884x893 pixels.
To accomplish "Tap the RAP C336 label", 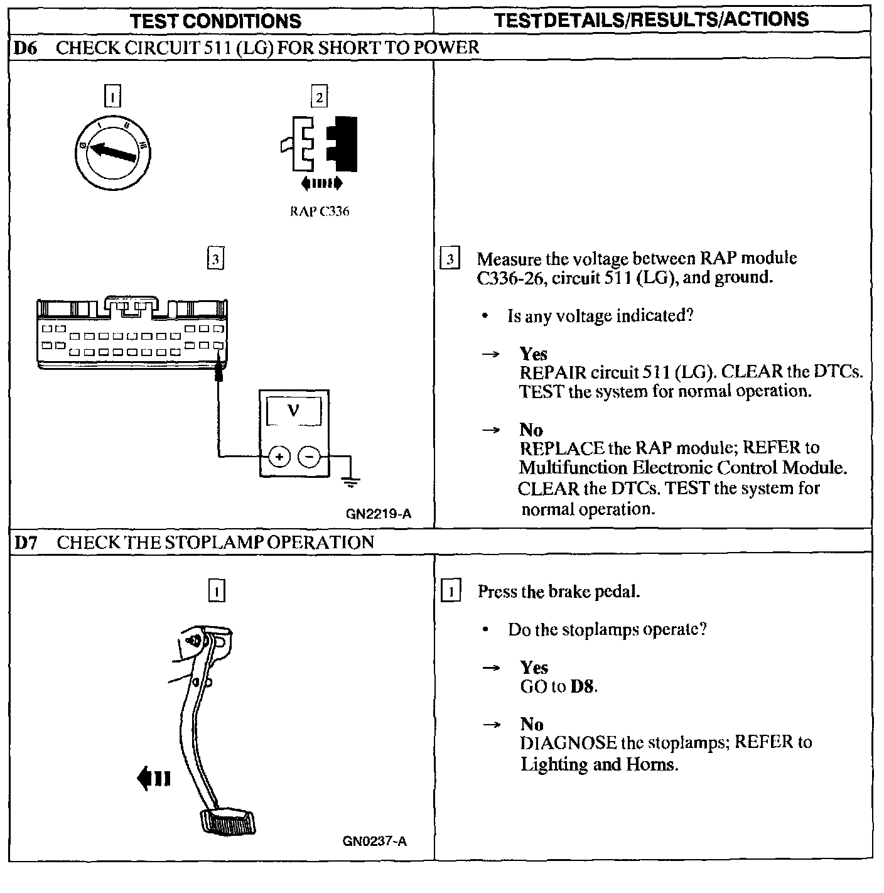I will tap(319, 212).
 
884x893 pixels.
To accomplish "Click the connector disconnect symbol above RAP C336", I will tap(320, 145).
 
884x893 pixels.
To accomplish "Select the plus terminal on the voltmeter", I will tap(279, 457).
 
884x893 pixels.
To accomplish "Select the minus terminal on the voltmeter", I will tap(308, 457).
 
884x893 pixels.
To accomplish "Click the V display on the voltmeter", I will tap(293, 412).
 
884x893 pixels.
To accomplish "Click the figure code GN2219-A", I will tap(379, 514).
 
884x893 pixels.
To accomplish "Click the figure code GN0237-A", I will tap(375, 841).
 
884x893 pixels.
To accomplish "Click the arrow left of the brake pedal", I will tap(153, 779).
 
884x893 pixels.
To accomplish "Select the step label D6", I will tap(25, 48).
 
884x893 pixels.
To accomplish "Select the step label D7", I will tap(25, 543).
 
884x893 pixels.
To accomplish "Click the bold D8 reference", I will tap(583, 686).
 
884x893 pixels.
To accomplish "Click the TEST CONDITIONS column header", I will tap(216, 21).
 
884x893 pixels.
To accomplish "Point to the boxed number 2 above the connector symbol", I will tap(319, 97).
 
